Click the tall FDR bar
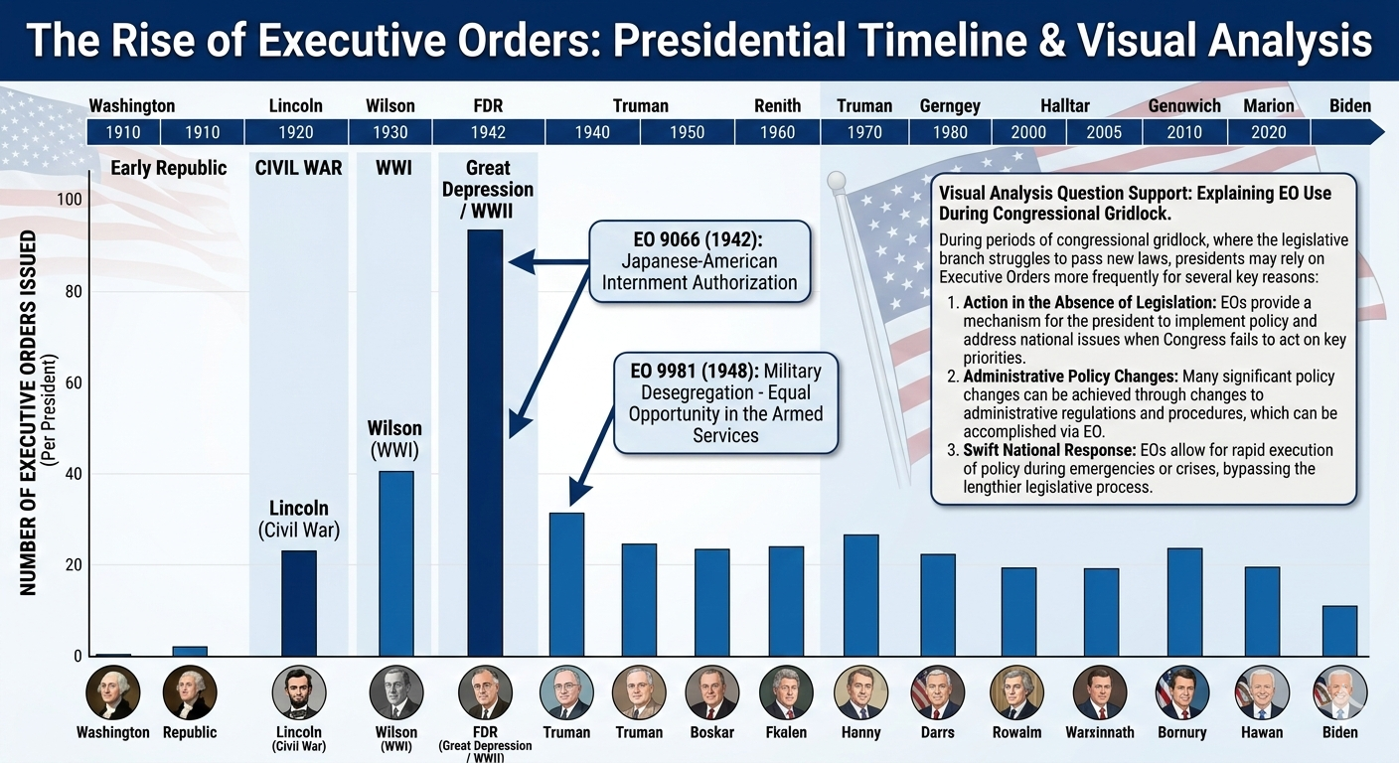coord(485,442)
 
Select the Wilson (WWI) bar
coord(396,562)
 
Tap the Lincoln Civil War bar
coord(299,603)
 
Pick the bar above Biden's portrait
coord(1339,631)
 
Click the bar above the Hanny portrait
coord(860,595)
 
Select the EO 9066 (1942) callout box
coord(699,261)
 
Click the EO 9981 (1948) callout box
coord(725,403)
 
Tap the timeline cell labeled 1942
coord(488,132)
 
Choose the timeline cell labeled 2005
coord(1103,132)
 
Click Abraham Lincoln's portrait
coord(299,692)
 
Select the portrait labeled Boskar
coord(712,692)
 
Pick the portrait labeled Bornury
coord(1182,692)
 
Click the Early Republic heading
coord(168,168)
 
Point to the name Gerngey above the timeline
coord(950,105)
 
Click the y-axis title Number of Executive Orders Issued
coord(28,413)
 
